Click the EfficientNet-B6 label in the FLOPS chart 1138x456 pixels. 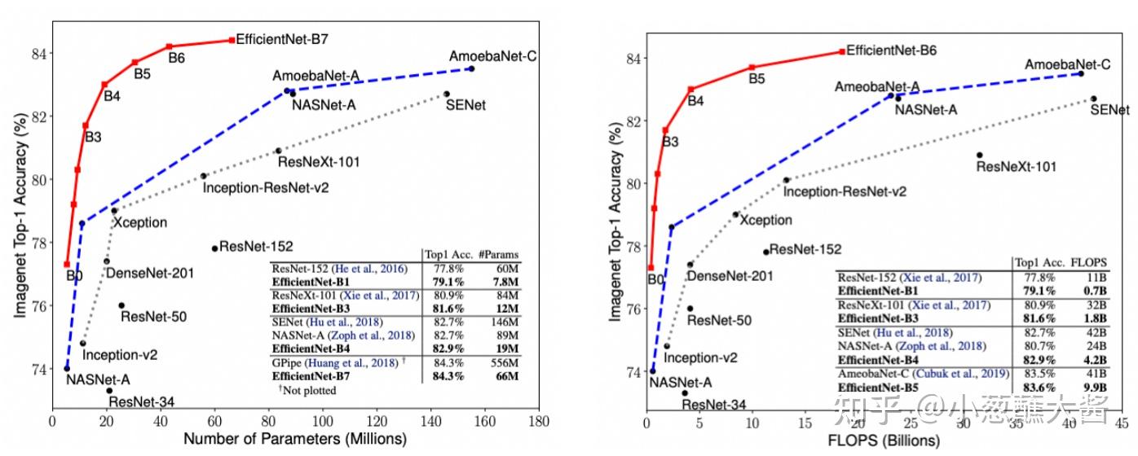(891, 50)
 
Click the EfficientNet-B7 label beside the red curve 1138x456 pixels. (281, 38)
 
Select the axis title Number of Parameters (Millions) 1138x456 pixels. (295, 440)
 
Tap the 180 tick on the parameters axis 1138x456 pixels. (538, 423)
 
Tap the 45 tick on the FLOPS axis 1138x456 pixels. (1122, 423)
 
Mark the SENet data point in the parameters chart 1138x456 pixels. (446, 94)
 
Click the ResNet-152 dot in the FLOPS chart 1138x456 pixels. (765, 252)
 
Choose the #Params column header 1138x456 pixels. (498, 254)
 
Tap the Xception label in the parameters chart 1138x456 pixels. (139, 222)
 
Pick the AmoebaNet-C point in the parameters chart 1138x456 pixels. (471, 69)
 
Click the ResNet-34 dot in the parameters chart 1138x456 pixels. (109, 390)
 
